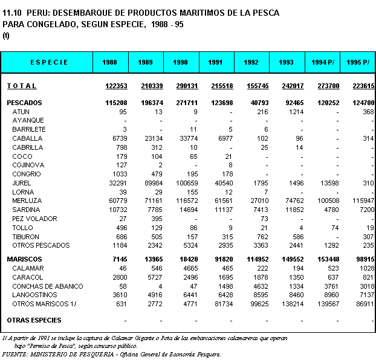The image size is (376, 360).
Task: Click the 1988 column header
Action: (x=111, y=62)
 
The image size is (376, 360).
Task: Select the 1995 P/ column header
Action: (x=357, y=62)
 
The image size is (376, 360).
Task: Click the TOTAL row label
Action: (x=22, y=86)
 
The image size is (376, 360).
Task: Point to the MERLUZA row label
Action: (x=27, y=201)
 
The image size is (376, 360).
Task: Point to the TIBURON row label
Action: (x=26, y=237)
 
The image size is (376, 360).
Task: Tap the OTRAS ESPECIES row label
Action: (x=34, y=320)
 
